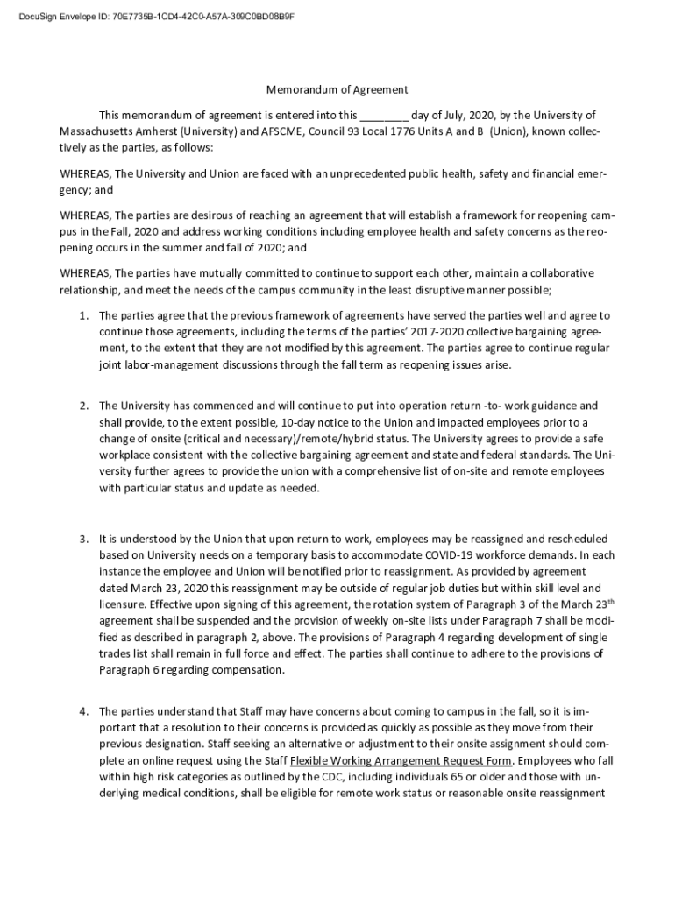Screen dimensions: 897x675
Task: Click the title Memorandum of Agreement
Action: [x=337, y=89]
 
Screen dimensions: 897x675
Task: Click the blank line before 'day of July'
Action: [x=384, y=116]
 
